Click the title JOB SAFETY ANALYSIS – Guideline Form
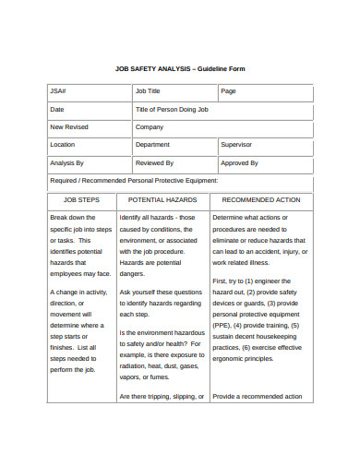point(180,69)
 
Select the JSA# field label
point(58,91)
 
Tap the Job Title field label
point(148,91)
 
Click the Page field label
point(228,91)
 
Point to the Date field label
point(57,110)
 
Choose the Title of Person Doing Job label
point(172,110)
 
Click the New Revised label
point(69,127)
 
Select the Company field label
point(149,127)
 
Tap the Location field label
point(63,145)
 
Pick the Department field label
point(152,145)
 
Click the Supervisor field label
point(236,145)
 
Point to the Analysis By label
point(66,162)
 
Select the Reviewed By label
point(154,162)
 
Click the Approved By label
point(238,162)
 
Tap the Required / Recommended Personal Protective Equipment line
point(134,181)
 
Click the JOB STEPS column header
point(81,199)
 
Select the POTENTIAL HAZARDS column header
point(162,199)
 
